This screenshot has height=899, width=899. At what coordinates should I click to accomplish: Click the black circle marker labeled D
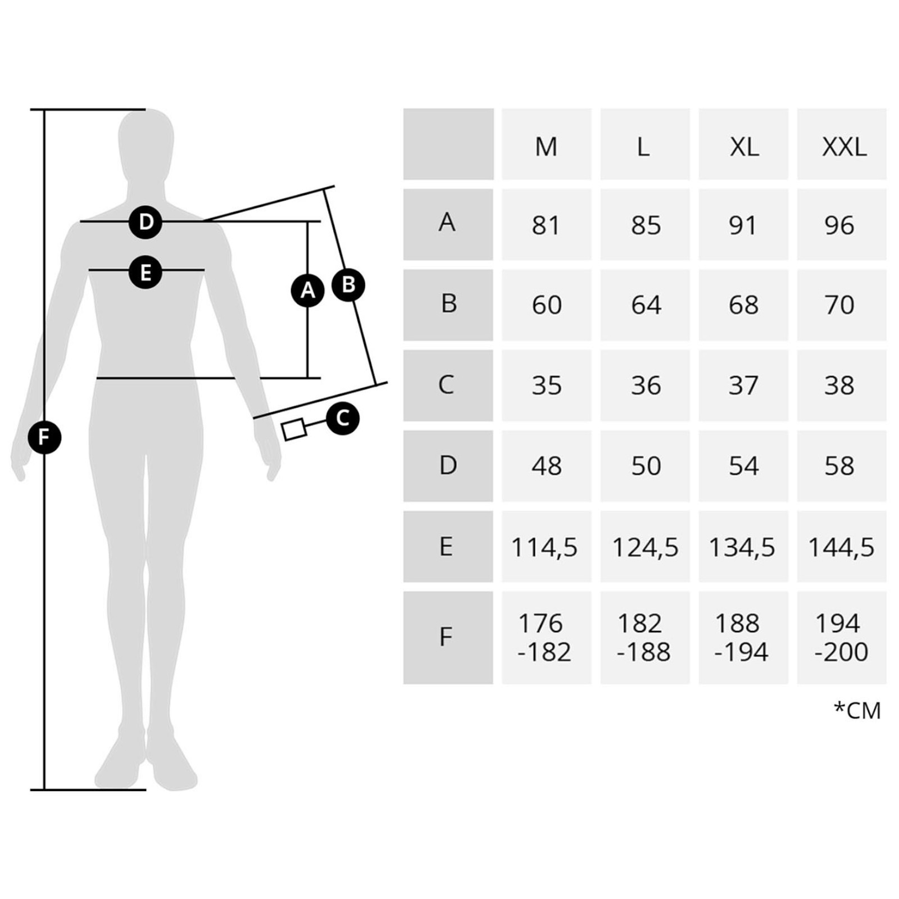(x=146, y=222)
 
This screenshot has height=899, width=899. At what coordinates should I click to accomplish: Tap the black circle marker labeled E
(x=146, y=273)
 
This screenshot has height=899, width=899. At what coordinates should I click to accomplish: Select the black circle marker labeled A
(x=307, y=290)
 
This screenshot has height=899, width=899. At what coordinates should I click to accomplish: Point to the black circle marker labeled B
(x=348, y=285)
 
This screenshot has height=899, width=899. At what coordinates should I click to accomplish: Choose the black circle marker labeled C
(x=343, y=418)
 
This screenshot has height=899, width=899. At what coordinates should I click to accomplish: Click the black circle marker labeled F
(x=44, y=437)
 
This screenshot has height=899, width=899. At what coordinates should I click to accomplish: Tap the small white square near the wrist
(x=294, y=429)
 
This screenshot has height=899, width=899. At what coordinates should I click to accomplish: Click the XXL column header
(x=843, y=146)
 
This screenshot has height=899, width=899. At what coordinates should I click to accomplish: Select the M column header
(x=546, y=146)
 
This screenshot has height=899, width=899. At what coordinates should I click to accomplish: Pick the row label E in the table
(x=447, y=546)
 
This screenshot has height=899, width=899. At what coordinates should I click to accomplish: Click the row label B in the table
(x=448, y=304)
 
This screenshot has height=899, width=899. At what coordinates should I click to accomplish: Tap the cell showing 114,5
(x=545, y=547)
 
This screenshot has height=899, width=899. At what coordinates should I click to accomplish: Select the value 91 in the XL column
(x=743, y=225)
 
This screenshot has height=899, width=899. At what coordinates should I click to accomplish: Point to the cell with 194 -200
(x=841, y=638)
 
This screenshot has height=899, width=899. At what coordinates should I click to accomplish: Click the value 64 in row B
(x=645, y=305)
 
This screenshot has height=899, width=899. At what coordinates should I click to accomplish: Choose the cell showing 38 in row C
(x=840, y=385)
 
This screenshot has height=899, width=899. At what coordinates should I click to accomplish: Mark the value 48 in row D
(x=546, y=466)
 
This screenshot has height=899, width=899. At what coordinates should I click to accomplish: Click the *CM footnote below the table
(x=857, y=710)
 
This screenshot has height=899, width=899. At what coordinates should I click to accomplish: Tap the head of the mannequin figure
(x=146, y=143)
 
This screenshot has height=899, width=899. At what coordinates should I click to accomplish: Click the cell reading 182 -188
(x=644, y=638)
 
